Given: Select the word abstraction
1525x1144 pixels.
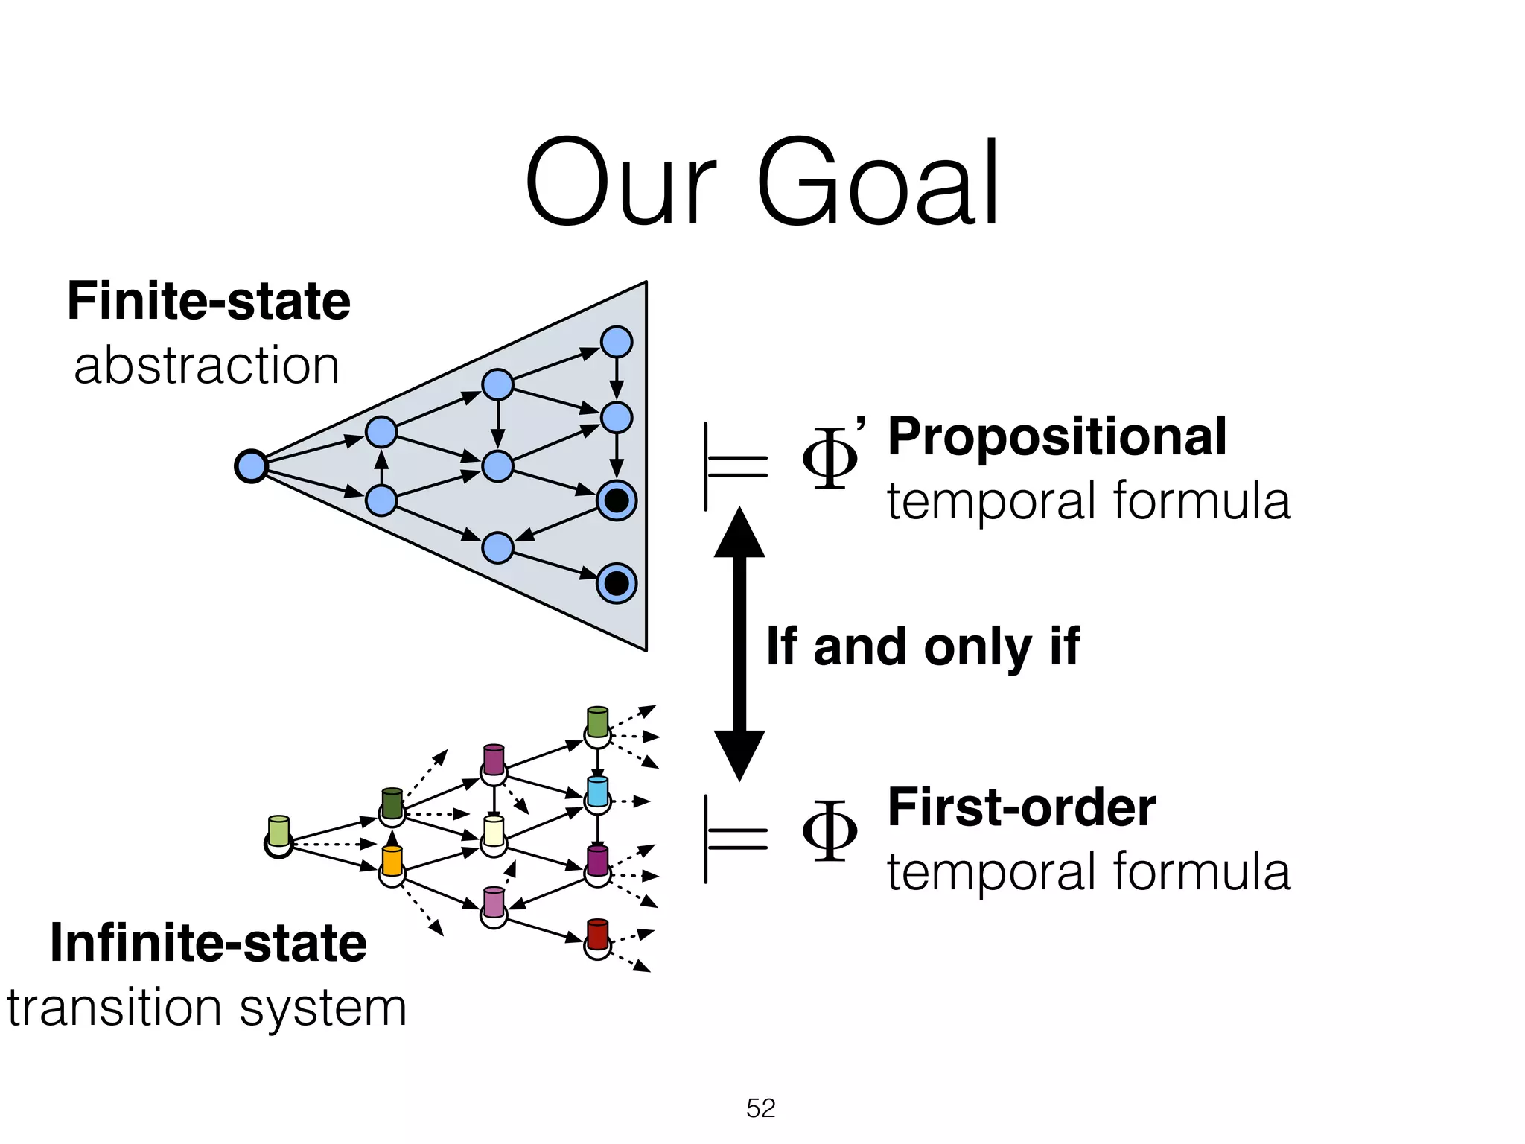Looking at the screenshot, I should (206, 366).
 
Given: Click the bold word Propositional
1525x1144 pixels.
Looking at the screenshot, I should (1057, 437).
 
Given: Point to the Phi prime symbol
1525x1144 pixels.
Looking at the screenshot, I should (832, 457).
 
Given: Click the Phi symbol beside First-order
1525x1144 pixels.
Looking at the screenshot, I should (830, 830).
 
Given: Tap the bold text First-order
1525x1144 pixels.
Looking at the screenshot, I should (1022, 808).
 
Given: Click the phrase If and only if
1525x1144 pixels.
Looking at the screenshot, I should (923, 646).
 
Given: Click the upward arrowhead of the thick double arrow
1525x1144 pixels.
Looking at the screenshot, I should (739, 533).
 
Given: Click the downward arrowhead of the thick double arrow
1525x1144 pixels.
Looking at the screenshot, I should (739, 754).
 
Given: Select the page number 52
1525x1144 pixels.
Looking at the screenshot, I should (760, 1108).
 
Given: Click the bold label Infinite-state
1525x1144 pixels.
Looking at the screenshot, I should (208, 943).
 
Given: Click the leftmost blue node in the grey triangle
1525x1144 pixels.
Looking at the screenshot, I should (251, 466).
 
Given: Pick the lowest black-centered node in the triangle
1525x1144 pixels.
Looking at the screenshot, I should (617, 582).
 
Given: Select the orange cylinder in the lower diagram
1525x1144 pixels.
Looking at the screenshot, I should (392, 861).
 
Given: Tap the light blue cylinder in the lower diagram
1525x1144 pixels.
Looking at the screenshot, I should (597, 791).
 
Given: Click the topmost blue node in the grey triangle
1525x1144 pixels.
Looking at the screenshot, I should (617, 342).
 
